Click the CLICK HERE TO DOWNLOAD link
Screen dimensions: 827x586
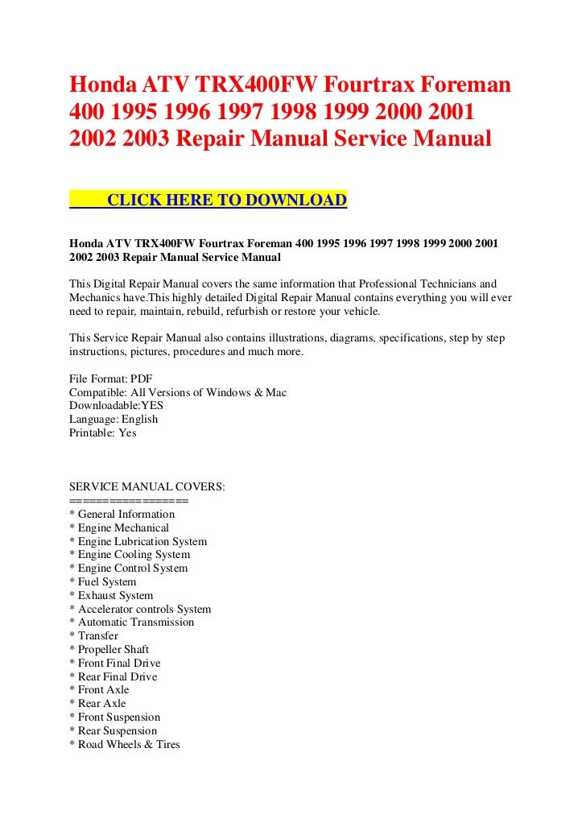point(226,201)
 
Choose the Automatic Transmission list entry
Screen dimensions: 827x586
point(132,622)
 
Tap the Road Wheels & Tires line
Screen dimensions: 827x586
point(125,744)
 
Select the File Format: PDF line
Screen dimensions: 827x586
point(111,378)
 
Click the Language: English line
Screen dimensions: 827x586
point(113,419)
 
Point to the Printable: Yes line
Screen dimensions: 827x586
point(103,432)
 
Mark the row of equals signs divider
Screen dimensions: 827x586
point(129,500)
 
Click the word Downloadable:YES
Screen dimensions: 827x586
point(117,405)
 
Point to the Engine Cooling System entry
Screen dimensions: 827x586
point(130,554)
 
